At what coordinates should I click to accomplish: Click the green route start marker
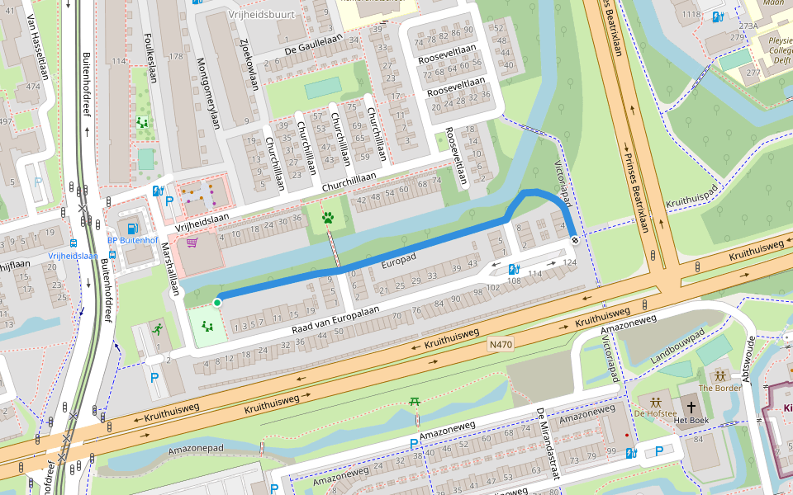coord(217,303)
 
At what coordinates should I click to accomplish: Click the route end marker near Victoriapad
coord(574,239)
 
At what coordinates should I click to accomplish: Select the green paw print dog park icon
coord(329,219)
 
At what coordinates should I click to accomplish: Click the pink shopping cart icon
coord(192,243)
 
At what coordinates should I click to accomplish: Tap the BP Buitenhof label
coord(132,241)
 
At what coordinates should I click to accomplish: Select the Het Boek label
coord(691,421)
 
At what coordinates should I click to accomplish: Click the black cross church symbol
coord(691,407)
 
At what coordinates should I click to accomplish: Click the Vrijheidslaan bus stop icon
coord(74,244)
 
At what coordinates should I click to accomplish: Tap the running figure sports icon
coord(156,328)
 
